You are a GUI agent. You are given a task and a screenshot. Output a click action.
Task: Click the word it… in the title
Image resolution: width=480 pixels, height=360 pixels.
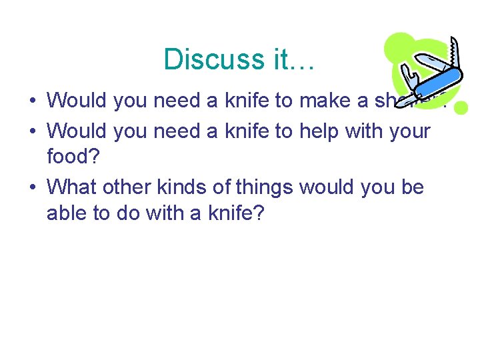click(x=293, y=59)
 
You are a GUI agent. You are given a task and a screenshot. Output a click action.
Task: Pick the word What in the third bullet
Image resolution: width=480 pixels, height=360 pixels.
click(x=71, y=187)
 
